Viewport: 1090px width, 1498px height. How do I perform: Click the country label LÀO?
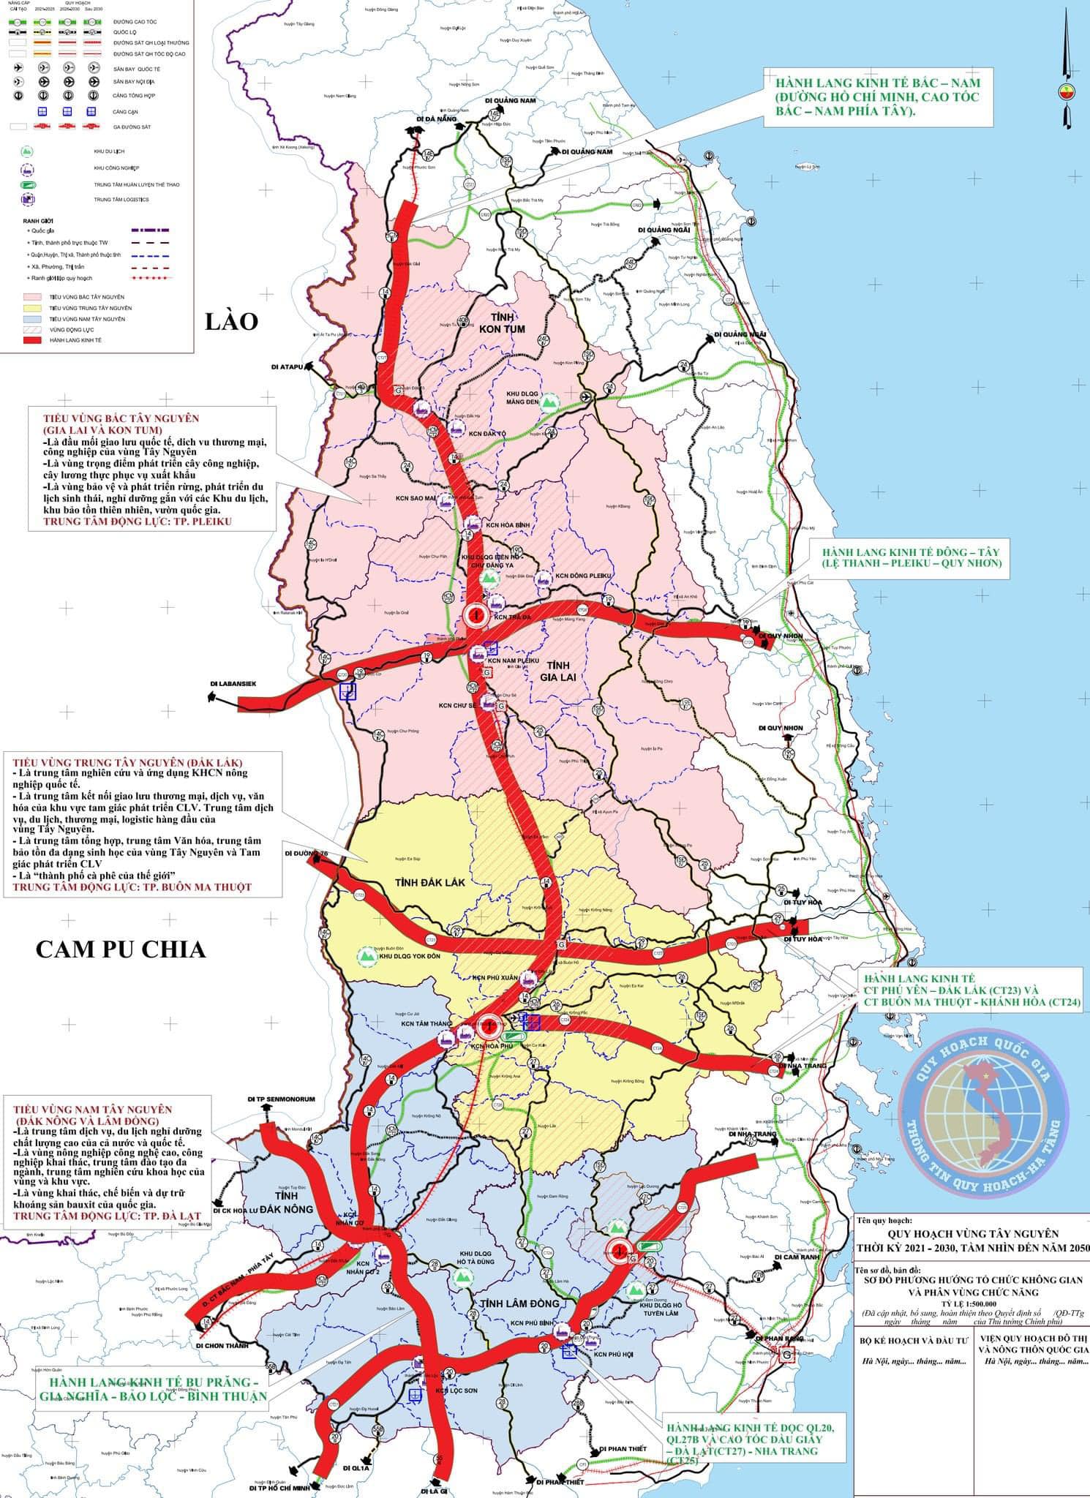tap(231, 322)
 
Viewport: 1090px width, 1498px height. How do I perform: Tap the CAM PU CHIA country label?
tap(121, 949)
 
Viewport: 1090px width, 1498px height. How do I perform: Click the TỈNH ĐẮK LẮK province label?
tap(421, 881)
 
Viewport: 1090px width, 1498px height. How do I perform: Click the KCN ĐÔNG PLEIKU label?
tap(582, 576)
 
